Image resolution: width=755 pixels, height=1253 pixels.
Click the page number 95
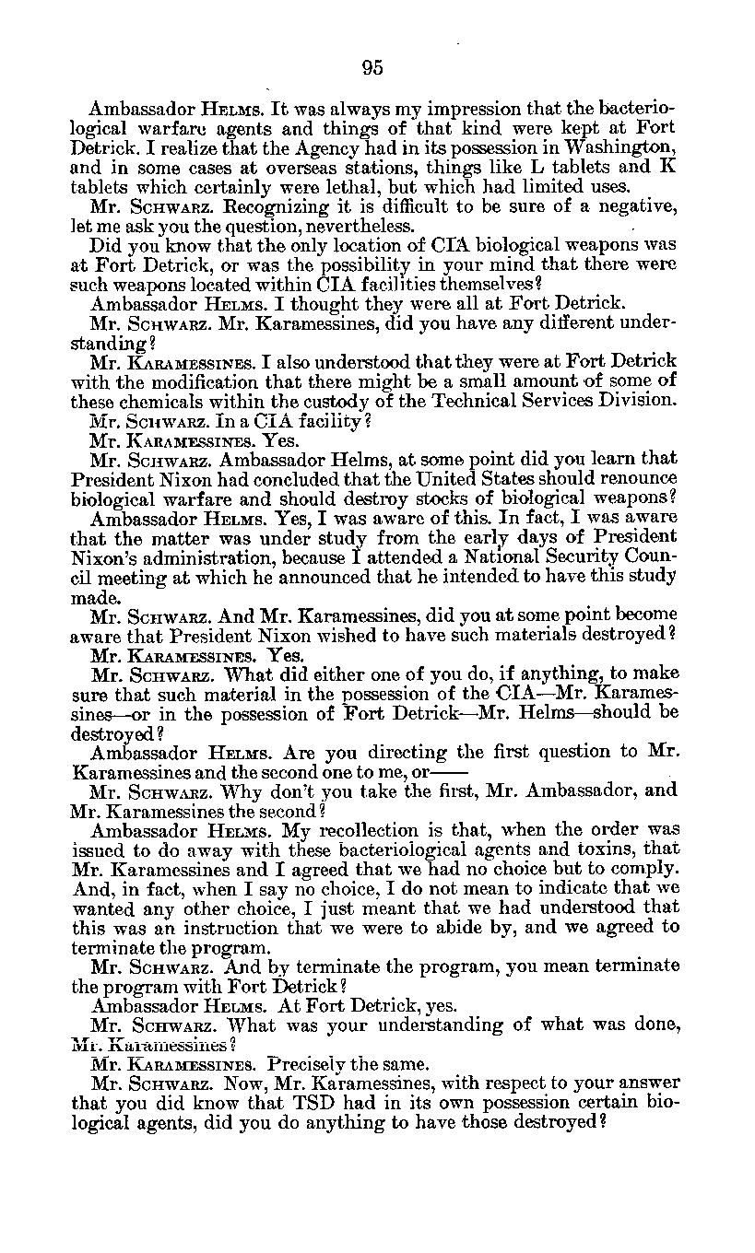tap(372, 67)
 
